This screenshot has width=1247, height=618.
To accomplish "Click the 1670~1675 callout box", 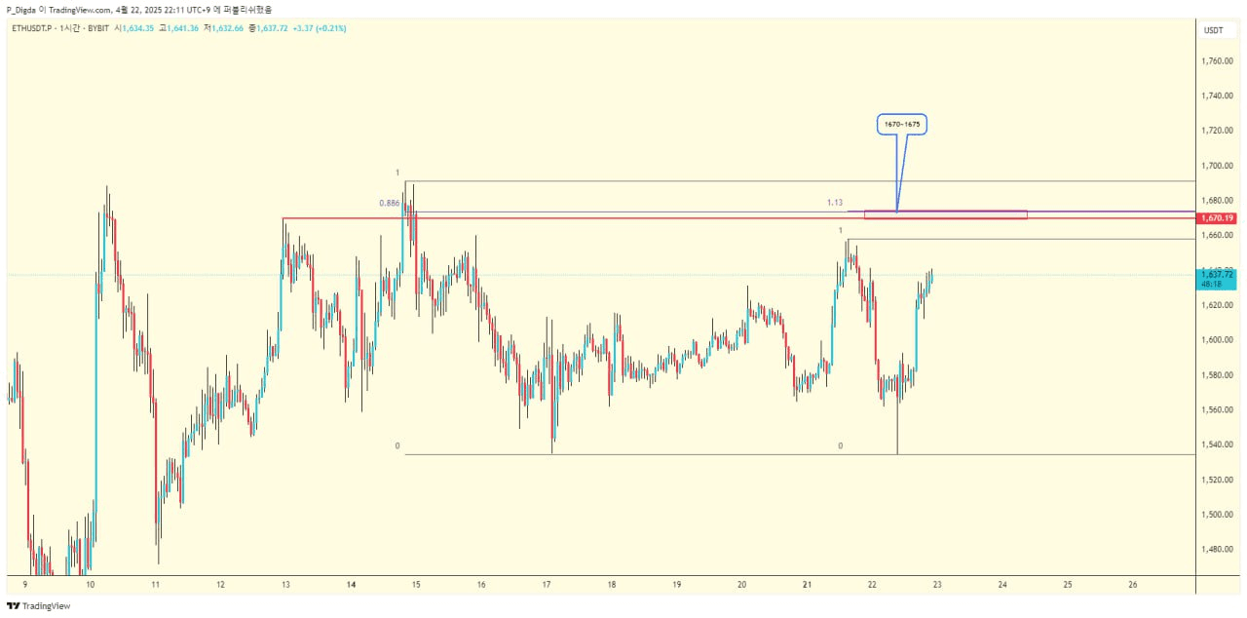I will [900, 125].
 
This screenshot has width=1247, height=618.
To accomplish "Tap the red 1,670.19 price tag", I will [1218, 217].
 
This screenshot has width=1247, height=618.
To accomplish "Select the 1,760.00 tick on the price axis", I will [1218, 60].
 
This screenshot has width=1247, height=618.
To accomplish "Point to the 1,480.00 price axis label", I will [1218, 549].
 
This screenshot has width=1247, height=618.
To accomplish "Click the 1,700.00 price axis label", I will [1218, 166].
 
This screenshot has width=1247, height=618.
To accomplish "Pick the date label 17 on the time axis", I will [547, 585].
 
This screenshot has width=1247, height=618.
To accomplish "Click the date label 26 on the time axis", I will [1132, 585].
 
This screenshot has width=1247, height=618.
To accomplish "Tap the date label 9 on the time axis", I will [24, 585].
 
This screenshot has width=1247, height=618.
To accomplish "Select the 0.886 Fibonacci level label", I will [390, 203].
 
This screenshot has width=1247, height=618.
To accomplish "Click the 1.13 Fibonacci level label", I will [835, 203].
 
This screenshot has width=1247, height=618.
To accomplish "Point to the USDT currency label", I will [1214, 30].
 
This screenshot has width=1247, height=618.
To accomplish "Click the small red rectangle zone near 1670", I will [945, 214].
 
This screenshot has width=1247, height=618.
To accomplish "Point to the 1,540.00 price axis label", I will [1218, 444].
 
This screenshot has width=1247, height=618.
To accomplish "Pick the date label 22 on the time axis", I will [872, 585].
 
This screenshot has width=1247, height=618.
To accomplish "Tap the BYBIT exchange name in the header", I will [96, 28].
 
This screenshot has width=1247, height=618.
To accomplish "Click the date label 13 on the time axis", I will [285, 585].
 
